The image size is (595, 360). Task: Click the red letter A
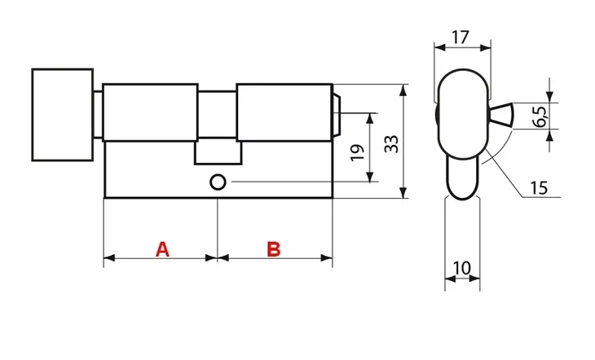tap(162, 249)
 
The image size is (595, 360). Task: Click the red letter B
tap(274, 249)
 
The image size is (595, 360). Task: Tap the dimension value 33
tap(392, 144)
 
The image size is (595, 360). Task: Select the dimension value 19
tap(358, 152)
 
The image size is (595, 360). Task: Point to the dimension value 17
tap(461, 37)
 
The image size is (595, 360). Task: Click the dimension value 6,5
tap(540, 116)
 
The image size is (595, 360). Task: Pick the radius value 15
tap(539, 188)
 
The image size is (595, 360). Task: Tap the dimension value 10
tap(462, 268)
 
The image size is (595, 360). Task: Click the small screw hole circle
tap(218, 182)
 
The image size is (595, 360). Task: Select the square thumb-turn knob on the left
tap(63, 115)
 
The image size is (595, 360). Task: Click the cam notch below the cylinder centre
tap(218, 152)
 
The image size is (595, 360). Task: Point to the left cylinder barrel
tap(150, 112)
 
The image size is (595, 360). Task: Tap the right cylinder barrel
tap(284, 112)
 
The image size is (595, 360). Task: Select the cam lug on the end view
tap(501, 115)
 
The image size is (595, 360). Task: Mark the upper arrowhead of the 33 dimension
tap(403, 90)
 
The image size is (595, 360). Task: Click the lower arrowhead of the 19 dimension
tap(370, 177)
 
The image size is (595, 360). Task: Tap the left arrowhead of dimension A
tap(110, 258)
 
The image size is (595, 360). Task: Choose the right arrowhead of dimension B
tap(327, 258)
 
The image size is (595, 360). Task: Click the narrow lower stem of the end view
tap(463, 178)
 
